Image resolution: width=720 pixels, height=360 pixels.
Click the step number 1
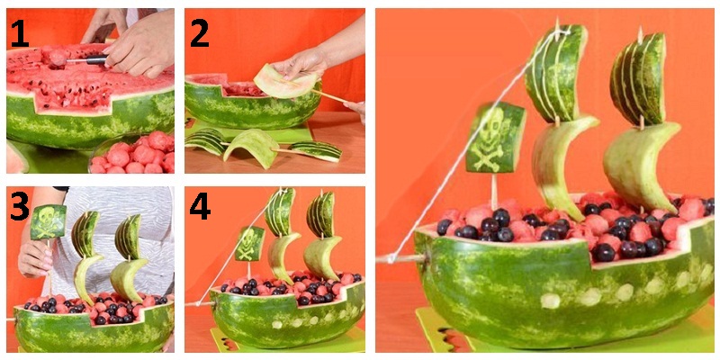(x=19, y=34)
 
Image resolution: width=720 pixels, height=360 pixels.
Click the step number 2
(x=200, y=34)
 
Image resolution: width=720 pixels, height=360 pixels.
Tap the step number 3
(x=19, y=206)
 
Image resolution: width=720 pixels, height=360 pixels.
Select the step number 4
(x=200, y=206)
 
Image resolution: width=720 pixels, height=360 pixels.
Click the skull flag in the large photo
(x=496, y=138)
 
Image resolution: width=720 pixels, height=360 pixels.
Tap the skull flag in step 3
(x=49, y=221)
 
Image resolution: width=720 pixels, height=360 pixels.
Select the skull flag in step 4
(x=250, y=243)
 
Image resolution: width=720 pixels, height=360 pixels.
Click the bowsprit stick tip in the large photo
(x=378, y=260)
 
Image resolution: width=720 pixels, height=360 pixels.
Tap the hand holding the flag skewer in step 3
(x=35, y=259)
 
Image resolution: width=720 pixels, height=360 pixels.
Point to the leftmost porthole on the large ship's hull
(x=551, y=301)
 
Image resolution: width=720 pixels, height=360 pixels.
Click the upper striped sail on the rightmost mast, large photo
(x=638, y=79)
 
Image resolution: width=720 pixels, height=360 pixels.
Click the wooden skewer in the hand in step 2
(x=329, y=95)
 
